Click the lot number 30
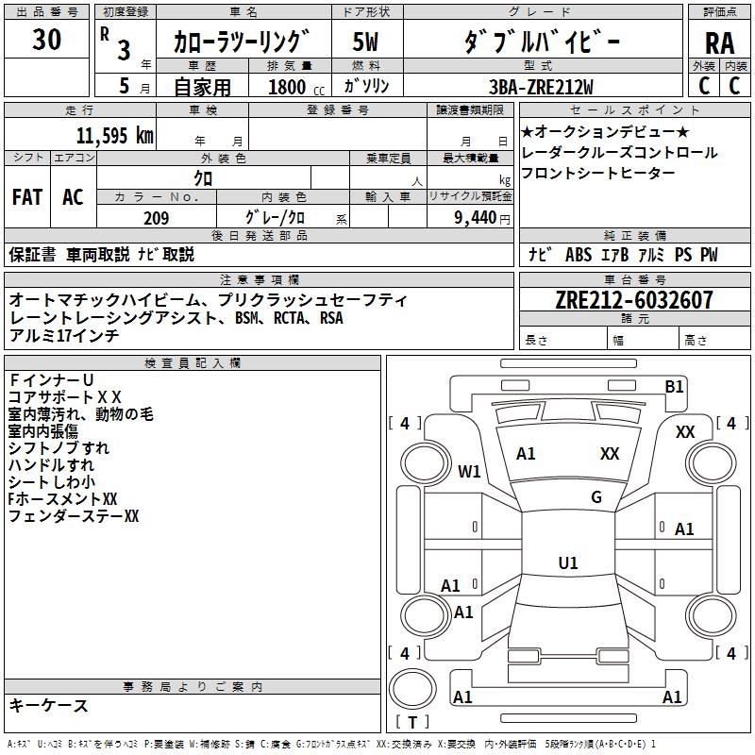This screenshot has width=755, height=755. click(x=46, y=40)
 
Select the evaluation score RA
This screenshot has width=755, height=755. click(x=719, y=42)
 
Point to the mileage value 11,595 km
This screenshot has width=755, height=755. click(x=114, y=135)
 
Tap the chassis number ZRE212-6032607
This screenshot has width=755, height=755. click(x=634, y=300)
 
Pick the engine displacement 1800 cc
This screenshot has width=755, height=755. click(x=295, y=88)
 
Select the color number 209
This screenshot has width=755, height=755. click(x=156, y=218)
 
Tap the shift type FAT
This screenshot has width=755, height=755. click(x=27, y=197)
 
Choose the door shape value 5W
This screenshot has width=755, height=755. click(x=365, y=42)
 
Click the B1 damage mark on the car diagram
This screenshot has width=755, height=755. click(x=674, y=386)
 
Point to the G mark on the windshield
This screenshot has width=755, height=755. click(x=596, y=496)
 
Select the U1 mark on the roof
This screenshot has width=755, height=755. click(x=568, y=563)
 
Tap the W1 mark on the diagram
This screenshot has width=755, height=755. click(x=470, y=471)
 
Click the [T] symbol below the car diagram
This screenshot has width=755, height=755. click(x=412, y=722)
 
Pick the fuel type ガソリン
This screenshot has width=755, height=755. click(x=366, y=87)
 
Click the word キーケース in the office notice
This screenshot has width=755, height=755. click(x=49, y=705)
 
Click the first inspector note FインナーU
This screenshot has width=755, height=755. click(x=51, y=379)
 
